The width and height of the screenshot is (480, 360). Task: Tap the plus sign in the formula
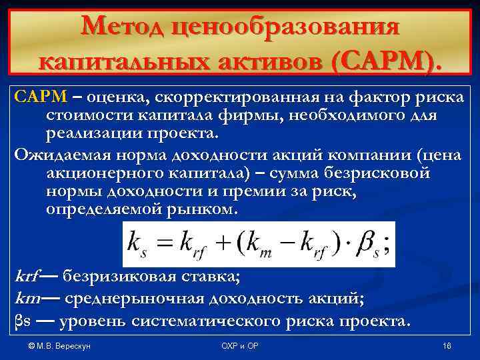click(x=217, y=245)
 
